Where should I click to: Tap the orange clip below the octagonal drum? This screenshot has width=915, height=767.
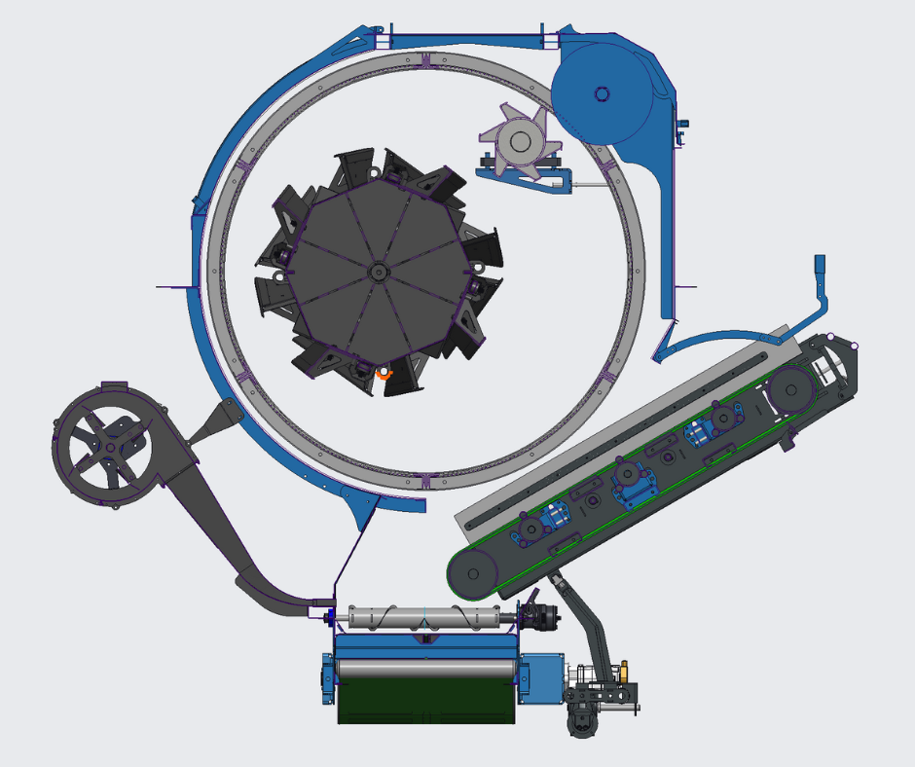point(382,372)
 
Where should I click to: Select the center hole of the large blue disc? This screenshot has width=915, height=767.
point(602,93)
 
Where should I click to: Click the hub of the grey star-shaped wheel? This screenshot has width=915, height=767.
point(521,142)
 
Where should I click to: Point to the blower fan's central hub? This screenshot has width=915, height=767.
point(110,446)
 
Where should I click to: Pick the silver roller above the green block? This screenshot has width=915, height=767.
point(425,670)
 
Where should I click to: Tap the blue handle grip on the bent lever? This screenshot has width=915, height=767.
point(820,266)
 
